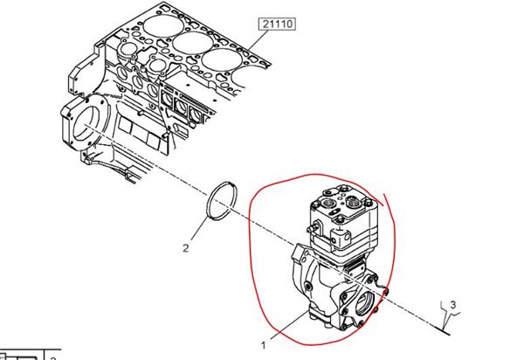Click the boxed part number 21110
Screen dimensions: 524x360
278,24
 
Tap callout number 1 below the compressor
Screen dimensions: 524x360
264,345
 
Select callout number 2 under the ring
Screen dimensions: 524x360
186,248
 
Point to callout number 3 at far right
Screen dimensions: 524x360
453,304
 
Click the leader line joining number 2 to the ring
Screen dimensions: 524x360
199,229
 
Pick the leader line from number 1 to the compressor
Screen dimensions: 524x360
290,324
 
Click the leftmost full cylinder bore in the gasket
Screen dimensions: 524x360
163,26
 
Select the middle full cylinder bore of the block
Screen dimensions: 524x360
193,43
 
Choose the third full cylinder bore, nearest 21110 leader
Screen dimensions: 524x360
222,59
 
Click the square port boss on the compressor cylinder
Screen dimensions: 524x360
341,239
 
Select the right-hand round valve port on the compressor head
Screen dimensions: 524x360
353,202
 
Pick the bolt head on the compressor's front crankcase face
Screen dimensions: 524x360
307,286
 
